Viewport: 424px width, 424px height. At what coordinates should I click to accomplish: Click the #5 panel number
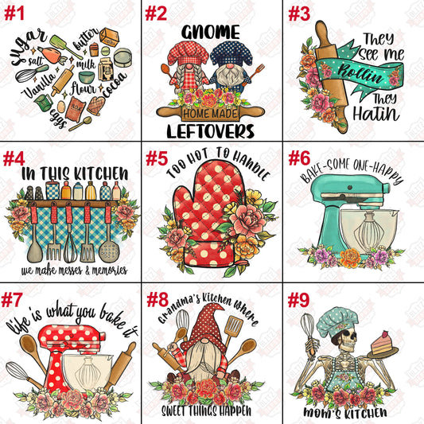click(x=157, y=158)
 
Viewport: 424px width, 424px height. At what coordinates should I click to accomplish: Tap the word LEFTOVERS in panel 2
click(x=210, y=131)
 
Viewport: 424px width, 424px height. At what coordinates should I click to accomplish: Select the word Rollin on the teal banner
click(x=360, y=74)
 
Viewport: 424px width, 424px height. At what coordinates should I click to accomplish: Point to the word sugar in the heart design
click(x=28, y=46)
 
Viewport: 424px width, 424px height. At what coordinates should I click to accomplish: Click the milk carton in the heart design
click(x=106, y=69)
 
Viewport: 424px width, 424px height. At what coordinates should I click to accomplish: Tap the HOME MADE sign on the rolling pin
click(x=210, y=113)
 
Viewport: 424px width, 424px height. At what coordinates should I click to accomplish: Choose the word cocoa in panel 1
click(x=115, y=84)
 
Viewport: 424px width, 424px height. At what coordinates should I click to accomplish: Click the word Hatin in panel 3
click(x=376, y=114)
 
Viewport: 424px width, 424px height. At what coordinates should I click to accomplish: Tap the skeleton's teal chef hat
click(x=337, y=322)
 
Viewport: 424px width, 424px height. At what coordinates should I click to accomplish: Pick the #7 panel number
click(x=11, y=300)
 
